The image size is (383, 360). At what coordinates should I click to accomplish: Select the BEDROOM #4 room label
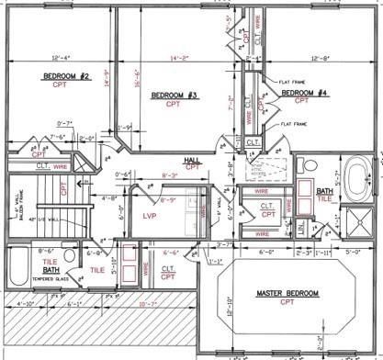click(304, 93)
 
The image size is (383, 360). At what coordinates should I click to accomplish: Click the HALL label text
click(192, 158)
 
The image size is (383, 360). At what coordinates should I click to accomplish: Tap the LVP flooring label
click(151, 215)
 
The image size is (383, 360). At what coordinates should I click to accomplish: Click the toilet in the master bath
click(311, 165)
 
